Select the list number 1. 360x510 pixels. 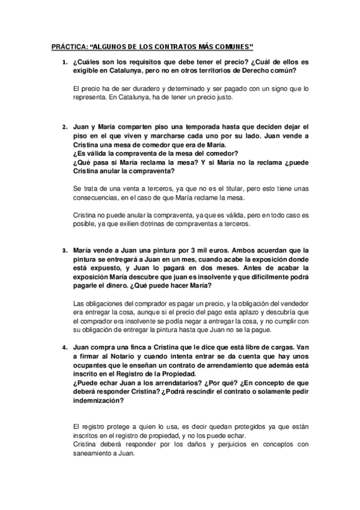coord(64,63)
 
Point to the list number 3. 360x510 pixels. coord(64,250)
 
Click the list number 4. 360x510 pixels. coord(64,348)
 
